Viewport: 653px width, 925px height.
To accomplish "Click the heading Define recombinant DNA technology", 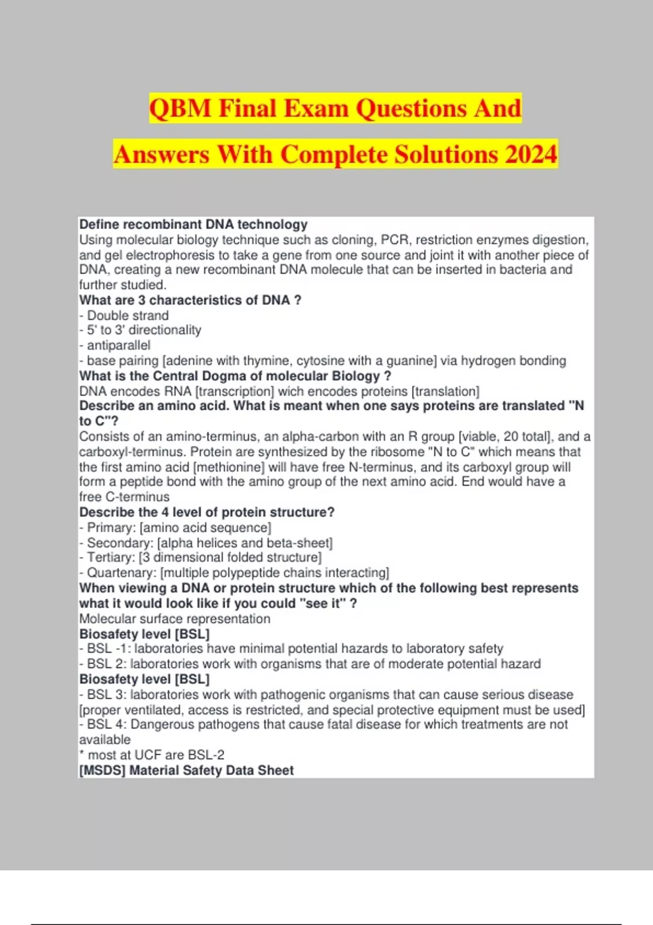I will (x=193, y=224).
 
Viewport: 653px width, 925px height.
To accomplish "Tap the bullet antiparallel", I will (x=118, y=346).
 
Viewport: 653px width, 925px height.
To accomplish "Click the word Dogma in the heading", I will (x=224, y=376).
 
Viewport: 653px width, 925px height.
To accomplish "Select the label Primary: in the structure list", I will (x=112, y=528).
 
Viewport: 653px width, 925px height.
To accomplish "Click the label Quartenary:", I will (x=121, y=573).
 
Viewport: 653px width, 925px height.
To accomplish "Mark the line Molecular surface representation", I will (x=175, y=619).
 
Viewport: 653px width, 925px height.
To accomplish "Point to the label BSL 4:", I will (x=107, y=725).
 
